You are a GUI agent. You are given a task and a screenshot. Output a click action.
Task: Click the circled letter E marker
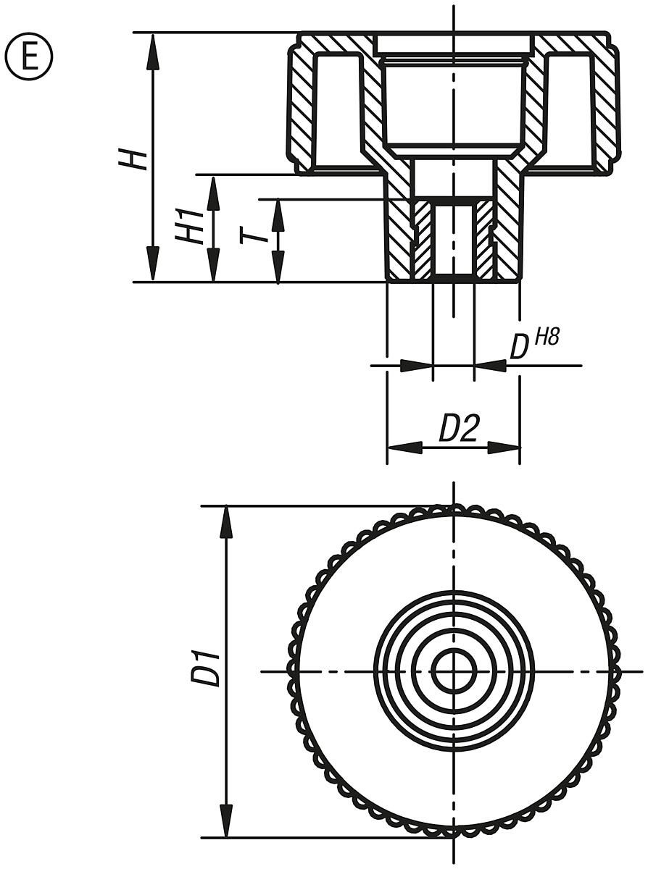click(29, 57)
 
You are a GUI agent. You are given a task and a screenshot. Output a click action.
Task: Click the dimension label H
click(134, 156)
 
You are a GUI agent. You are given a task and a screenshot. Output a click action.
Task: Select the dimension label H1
click(187, 227)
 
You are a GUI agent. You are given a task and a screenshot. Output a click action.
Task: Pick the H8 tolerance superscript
click(545, 337)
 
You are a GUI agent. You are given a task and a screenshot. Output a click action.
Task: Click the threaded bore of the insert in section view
click(454, 239)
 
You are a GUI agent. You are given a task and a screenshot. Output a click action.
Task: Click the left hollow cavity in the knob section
click(338, 109)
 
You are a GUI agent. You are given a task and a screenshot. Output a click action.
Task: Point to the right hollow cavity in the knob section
click(570, 109)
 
